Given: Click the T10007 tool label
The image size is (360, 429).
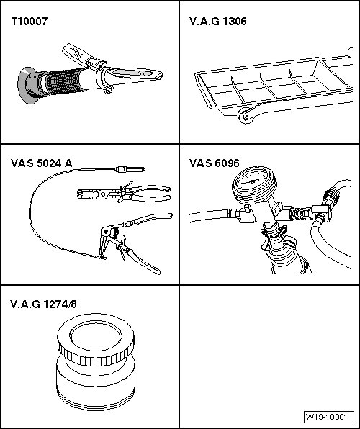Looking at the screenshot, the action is (x=30, y=22).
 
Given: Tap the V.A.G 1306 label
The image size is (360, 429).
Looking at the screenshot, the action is (x=218, y=22).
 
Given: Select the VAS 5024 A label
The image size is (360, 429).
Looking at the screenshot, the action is (x=41, y=163).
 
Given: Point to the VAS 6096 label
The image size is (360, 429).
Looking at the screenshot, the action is (x=215, y=163).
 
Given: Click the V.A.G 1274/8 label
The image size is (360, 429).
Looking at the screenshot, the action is (x=43, y=304).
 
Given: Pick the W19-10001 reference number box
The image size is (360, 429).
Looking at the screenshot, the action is (x=329, y=417).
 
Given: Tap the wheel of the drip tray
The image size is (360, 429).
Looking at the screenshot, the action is (x=246, y=116).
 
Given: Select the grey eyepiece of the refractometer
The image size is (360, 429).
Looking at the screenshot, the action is (x=27, y=85).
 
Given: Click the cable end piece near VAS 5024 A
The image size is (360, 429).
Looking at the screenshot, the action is (x=130, y=170).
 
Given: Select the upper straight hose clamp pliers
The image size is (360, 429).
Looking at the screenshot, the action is (x=124, y=193).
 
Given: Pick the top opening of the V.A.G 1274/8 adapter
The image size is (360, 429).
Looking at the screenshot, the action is (x=96, y=336).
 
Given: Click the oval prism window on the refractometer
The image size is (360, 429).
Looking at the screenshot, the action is (x=132, y=73).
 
